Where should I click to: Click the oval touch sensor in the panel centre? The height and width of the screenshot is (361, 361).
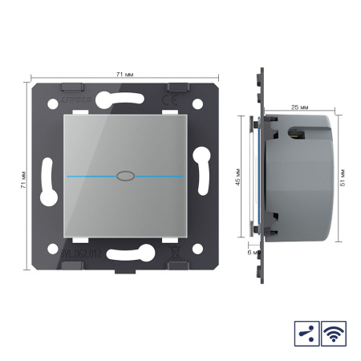pyautogui.click(x=124, y=173)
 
